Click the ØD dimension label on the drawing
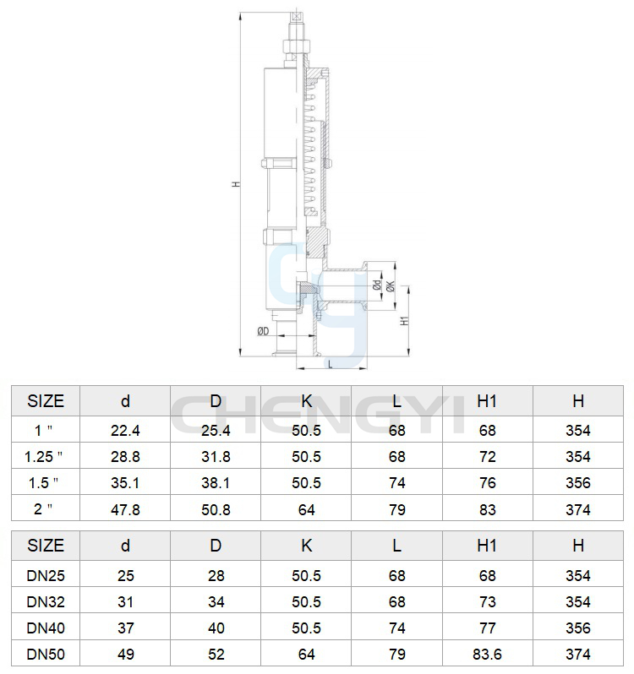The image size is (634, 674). coord(263,331)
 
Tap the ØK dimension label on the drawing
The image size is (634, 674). coord(391,285)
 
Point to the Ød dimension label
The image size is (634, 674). coord(377,285)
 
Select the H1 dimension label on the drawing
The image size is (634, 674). coord(404,320)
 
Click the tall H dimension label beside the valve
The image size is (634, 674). coord(236,184)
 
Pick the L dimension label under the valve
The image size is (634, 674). coord(331,364)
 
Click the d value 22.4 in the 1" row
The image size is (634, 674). coord(125,430)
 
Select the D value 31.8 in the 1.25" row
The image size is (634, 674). coord(216,456)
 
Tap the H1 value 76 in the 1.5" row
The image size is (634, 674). coord(487,483)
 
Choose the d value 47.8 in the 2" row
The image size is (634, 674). coord(125,509)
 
